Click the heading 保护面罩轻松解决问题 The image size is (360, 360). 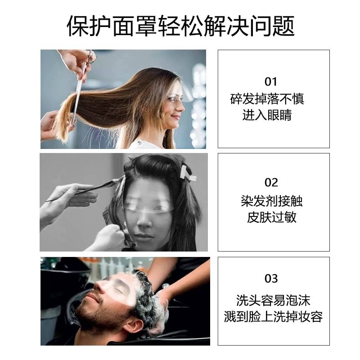180,26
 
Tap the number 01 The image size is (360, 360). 271,81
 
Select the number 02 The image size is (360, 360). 271,182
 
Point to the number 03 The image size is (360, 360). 271,279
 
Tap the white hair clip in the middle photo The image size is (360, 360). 187,173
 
